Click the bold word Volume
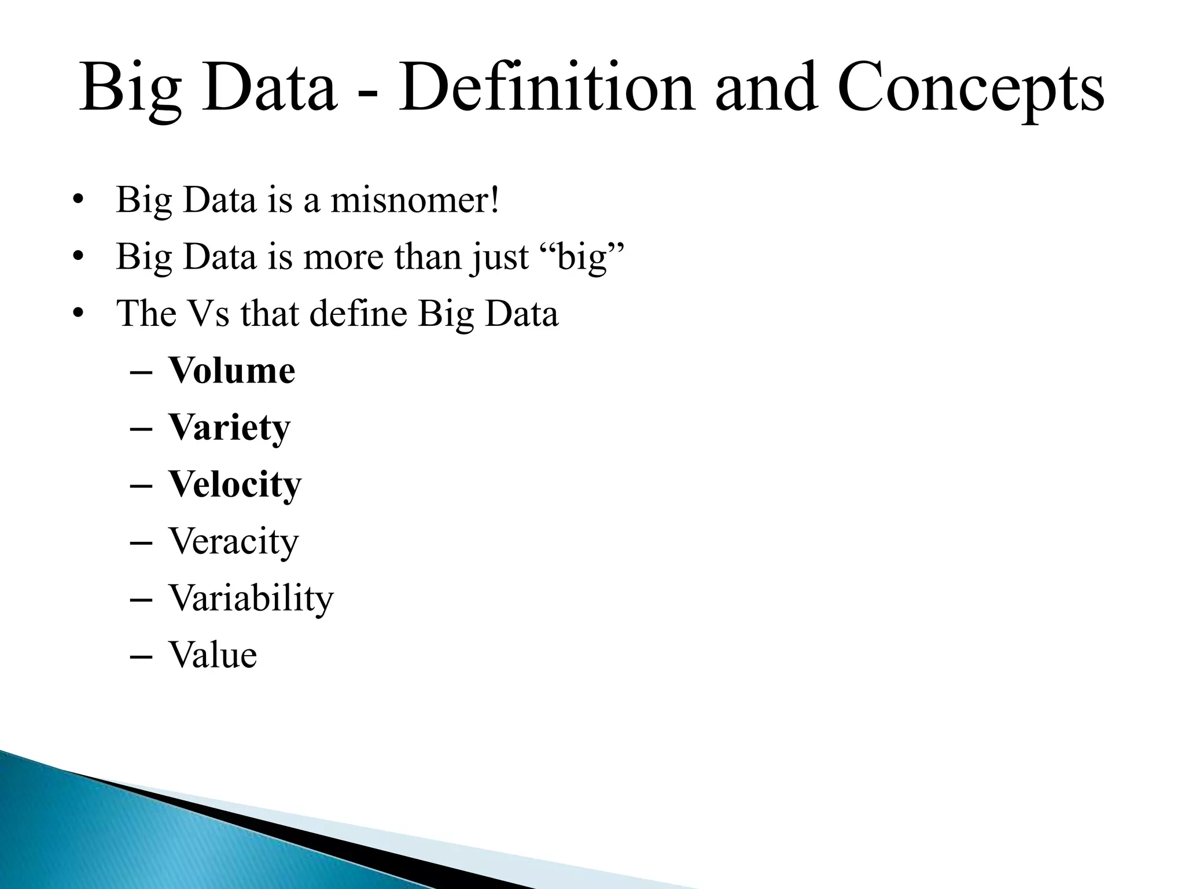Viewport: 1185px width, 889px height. [x=231, y=370]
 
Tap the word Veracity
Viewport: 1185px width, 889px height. [x=233, y=541]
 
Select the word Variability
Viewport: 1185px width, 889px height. [x=251, y=598]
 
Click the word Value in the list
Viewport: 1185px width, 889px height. [x=212, y=655]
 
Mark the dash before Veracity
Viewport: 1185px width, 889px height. [x=142, y=543]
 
